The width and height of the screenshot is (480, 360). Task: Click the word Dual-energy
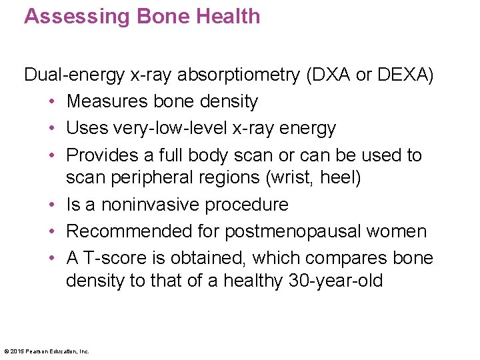(74, 75)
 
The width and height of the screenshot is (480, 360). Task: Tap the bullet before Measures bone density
(53, 102)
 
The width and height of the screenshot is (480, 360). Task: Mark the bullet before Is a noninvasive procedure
(53, 205)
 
